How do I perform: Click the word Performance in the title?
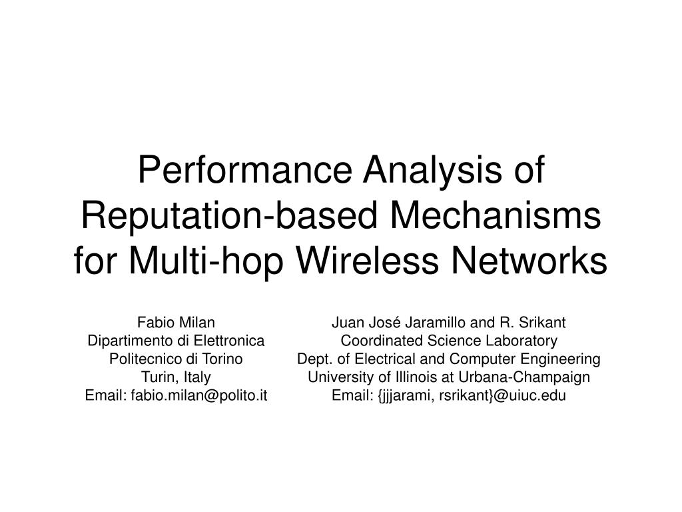coord(245,171)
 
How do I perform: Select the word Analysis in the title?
coord(433,171)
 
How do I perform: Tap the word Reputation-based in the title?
coord(229,216)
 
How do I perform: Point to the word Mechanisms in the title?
coord(496,215)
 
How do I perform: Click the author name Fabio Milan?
coord(176,322)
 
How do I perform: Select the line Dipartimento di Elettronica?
coord(176,341)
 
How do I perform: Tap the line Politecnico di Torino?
coord(176,359)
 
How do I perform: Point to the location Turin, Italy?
coord(176,377)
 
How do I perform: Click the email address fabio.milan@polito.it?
coord(198,395)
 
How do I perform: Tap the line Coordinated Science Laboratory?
coord(449,341)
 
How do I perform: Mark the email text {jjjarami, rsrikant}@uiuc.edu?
coord(472,396)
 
